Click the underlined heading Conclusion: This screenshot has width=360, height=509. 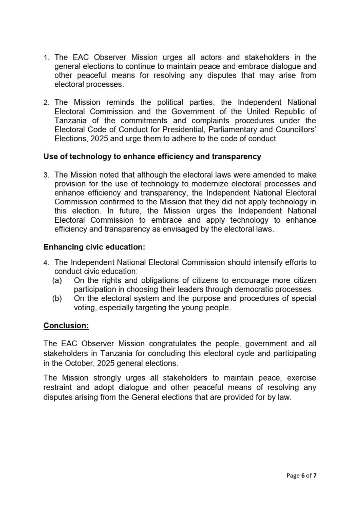(x=66, y=325)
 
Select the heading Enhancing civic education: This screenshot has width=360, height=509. (x=94, y=247)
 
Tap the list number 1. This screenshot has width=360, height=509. (x=46, y=58)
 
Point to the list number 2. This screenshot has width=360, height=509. (x=46, y=103)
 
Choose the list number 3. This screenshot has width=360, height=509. (x=46, y=175)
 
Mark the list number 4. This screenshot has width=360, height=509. (x=46, y=263)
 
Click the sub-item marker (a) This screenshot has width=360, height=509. (x=57, y=280)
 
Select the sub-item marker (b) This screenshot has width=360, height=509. (x=57, y=298)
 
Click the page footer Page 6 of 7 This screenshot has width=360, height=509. (x=301, y=475)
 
